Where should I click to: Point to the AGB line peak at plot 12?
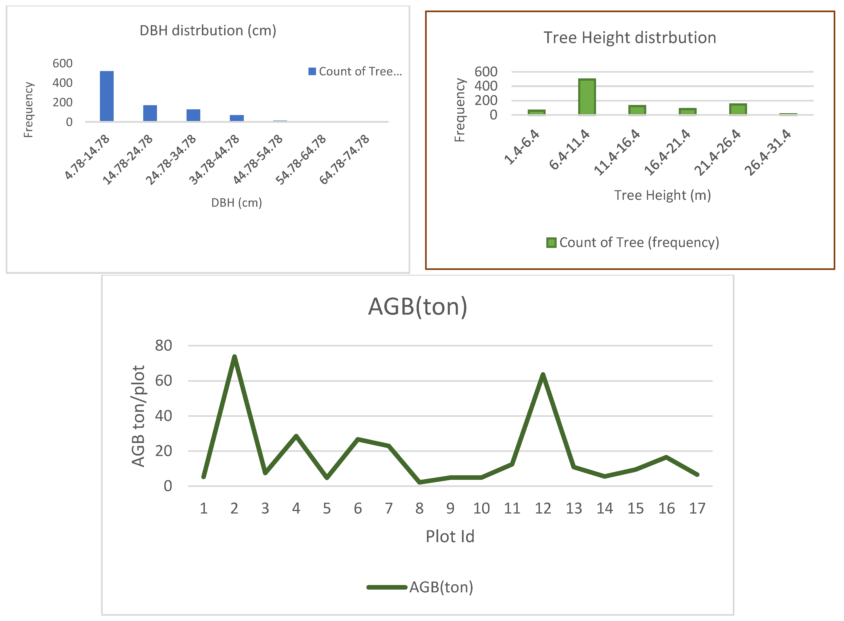(542, 375)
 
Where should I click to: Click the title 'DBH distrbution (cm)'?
(208, 30)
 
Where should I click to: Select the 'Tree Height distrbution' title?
(630, 38)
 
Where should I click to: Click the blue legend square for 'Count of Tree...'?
(312, 71)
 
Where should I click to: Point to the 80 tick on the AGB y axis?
(164, 346)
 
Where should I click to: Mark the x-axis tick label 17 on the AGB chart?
(697, 509)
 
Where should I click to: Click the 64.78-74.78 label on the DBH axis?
(345, 159)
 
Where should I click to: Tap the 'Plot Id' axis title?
(450, 536)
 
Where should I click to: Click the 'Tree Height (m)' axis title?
(663, 195)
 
